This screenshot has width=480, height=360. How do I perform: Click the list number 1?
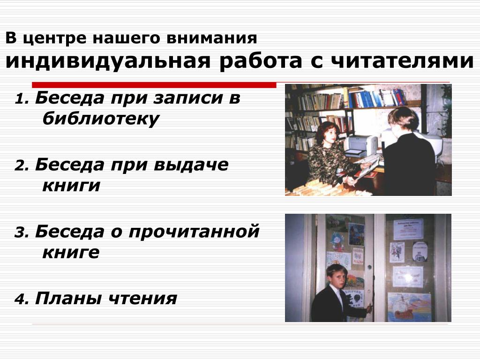(22, 99)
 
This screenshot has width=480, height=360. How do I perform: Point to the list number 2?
(22, 165)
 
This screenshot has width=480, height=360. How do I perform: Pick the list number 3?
(22, 232)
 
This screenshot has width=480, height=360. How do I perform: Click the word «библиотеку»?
(101, 119)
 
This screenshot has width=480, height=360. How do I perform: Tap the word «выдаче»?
(191, 165)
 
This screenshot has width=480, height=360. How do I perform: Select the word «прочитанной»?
(194, 232)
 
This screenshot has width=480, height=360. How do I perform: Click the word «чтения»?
(143, 298)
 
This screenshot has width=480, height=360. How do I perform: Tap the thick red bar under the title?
(154, 85)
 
